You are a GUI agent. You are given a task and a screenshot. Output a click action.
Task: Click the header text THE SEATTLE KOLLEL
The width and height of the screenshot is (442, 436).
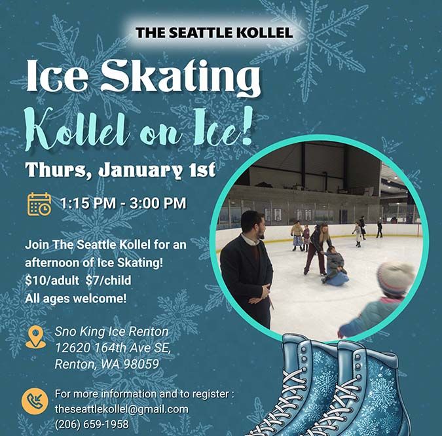213,32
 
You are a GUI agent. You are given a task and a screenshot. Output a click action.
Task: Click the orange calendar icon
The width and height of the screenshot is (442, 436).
39,204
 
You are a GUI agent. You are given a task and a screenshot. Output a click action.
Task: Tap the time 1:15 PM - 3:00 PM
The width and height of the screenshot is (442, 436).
123,204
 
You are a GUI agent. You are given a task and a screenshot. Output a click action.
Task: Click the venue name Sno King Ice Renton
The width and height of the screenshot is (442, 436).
111,331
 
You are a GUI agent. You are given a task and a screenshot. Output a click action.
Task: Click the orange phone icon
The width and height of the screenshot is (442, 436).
35,401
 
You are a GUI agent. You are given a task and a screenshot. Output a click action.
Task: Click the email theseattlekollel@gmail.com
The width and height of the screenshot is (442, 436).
121,409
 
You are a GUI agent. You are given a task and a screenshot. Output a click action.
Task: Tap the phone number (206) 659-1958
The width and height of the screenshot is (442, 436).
92,424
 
